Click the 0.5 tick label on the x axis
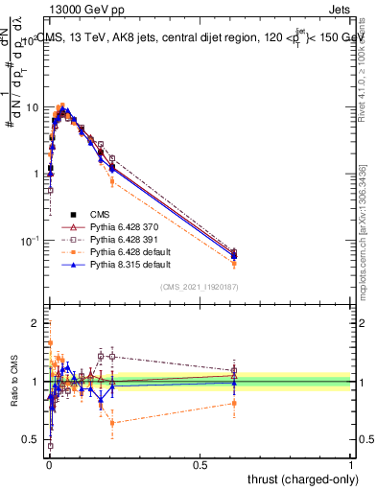200,464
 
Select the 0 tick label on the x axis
49,464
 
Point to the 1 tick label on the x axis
351,464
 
